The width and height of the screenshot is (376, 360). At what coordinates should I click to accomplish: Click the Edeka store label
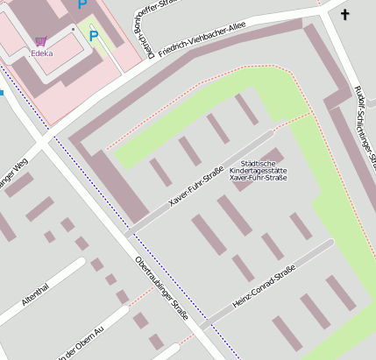point(41,53)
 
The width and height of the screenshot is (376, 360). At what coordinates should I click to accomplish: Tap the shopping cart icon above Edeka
point(41,41)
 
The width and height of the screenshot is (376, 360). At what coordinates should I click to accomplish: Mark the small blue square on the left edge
point(2,91)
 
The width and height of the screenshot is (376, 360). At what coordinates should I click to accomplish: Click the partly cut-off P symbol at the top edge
point(82,4)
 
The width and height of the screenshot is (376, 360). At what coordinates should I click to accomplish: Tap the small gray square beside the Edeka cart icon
point(74,29)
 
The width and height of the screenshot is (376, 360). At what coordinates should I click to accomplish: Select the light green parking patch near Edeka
point(96,42)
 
